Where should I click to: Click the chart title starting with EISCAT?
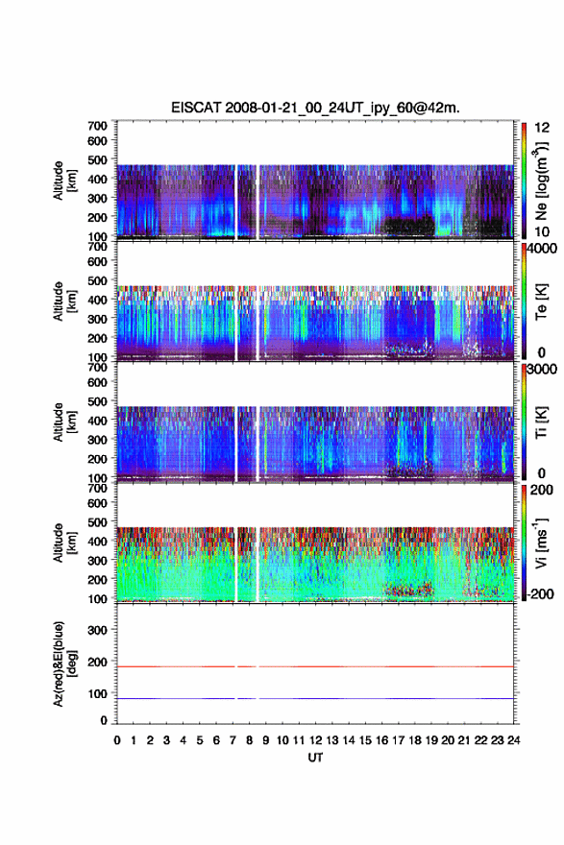click(315, 108)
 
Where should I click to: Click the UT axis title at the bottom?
click(315, 758)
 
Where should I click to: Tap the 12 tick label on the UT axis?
click(315, 740)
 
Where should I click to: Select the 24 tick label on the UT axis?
click(514, 740)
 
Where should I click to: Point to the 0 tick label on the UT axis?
click(117, 740)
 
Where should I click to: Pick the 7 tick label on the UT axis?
click(233, 740)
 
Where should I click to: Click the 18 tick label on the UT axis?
click(415, 740)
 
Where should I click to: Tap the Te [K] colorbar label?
click(541, 302)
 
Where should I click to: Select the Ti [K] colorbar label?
click(541, 422)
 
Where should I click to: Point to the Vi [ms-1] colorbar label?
click(541, 543)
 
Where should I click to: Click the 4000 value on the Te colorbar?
click(543, 250)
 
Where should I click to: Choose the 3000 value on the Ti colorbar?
click(543, 370)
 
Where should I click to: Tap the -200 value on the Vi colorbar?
click(539, 593)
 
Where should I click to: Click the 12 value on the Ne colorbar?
click(542, 128)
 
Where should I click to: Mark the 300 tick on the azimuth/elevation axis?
click(97, 630)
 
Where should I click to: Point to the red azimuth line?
click(315, 666)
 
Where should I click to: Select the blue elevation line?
click(315, 698)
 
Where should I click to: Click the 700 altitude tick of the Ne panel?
click(97, 126)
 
